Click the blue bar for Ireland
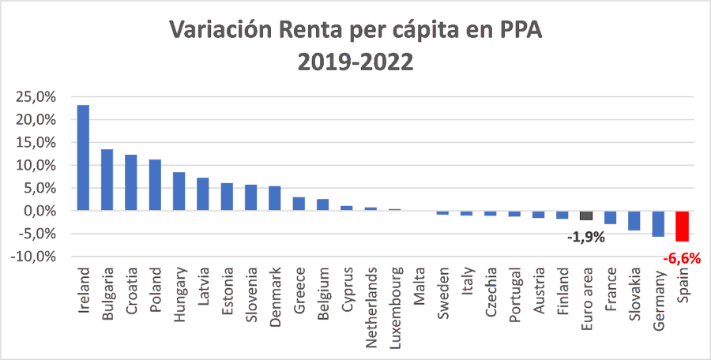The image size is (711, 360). point(83,158)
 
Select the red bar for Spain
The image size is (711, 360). point(682,226)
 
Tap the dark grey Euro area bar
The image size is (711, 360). point(586,216)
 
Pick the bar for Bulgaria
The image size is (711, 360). point(107,180)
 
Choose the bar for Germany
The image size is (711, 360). point(658,223)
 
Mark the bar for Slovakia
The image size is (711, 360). point(634,220)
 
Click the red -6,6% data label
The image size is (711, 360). point(682,257)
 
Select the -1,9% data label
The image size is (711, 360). point(585,236)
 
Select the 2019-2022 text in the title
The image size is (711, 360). point(355,62)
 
